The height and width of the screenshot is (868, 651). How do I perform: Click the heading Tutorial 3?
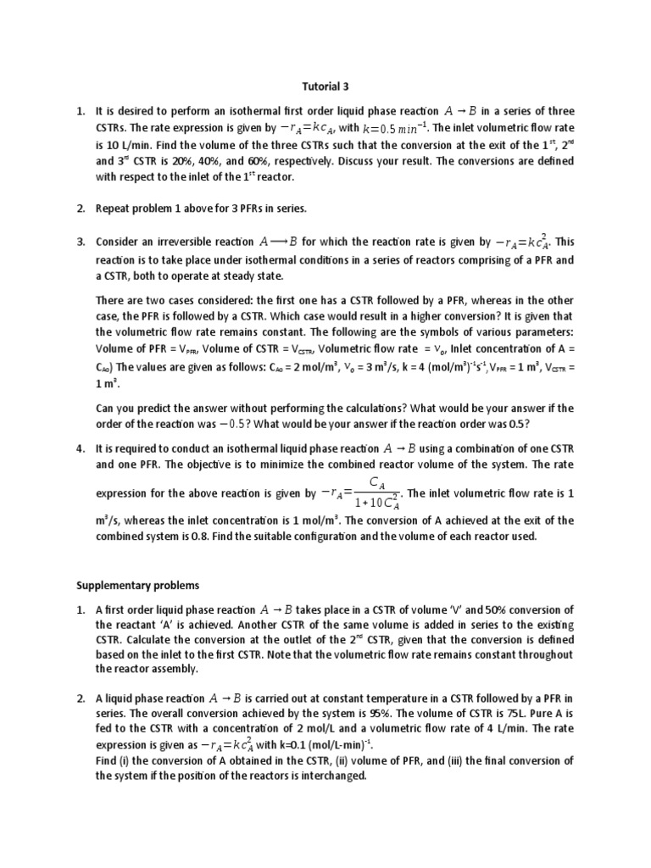point(325,86)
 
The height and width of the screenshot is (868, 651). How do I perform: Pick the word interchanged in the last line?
point(331,777)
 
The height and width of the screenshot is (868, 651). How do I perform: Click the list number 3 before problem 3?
point(81,242)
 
